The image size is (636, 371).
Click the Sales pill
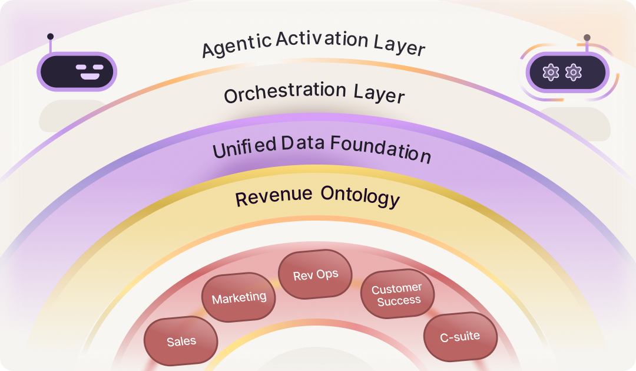click(181, 341)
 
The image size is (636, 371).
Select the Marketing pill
click(238, 297)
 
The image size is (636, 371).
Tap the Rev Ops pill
click(316, 275)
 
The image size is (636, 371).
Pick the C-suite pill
click(460, 337)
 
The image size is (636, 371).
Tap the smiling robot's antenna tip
click(50, 36)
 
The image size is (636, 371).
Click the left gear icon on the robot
click(551, 73)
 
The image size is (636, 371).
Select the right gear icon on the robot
click(573, 73)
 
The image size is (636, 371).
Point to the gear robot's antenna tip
click(587, 37)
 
